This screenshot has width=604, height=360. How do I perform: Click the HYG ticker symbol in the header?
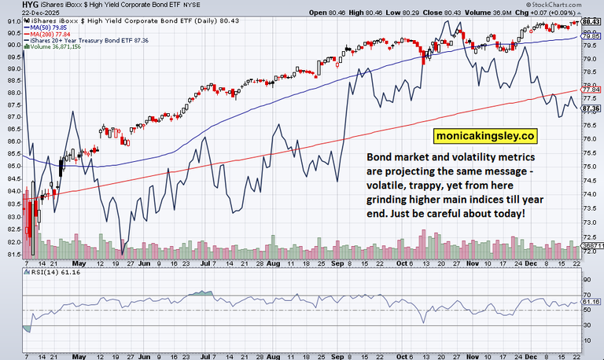pos(12,6)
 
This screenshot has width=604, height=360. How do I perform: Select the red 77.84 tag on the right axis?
pos(591,91)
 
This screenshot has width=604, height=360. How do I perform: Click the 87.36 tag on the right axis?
pos(591,108)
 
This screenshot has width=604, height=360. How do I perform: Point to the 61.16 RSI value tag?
pos(591,301)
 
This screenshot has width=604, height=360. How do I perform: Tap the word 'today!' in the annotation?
pos(505,215)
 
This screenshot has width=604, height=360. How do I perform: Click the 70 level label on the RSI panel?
pos(587,295)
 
